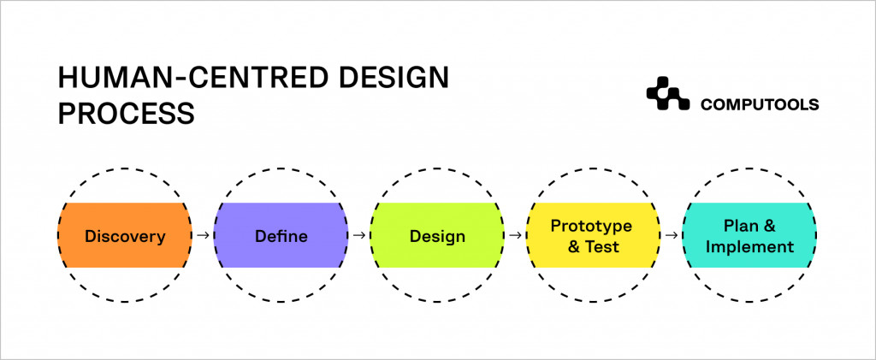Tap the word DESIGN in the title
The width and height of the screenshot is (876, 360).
(x=394, y=78)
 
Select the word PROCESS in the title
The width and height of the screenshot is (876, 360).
(x=127, y=114)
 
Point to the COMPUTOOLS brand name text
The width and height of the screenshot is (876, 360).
(x=760, y=104)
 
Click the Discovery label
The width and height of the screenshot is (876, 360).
(x=125, y=236)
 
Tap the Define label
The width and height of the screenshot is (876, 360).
(x=281, y=236)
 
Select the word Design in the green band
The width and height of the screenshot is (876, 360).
(x=437, y=236)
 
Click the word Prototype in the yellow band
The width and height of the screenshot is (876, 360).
(x=591, y=226)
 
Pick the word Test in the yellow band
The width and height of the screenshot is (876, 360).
(x=602, y=246)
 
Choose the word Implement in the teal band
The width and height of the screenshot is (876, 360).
(x=749, y=246)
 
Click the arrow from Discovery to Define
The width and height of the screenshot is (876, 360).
(x=204, y=235)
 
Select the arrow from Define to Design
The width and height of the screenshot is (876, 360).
(x=359, y=235)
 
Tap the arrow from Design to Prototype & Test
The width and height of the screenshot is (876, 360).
(x=516, y=235)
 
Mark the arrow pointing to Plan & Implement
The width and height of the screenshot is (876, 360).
(x=672, y=235)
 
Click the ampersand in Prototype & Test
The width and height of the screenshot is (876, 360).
(x=574, y=246)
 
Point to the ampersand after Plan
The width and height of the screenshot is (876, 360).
(x=769, y=226)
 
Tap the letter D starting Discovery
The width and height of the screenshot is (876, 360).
(x=91, y=236)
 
